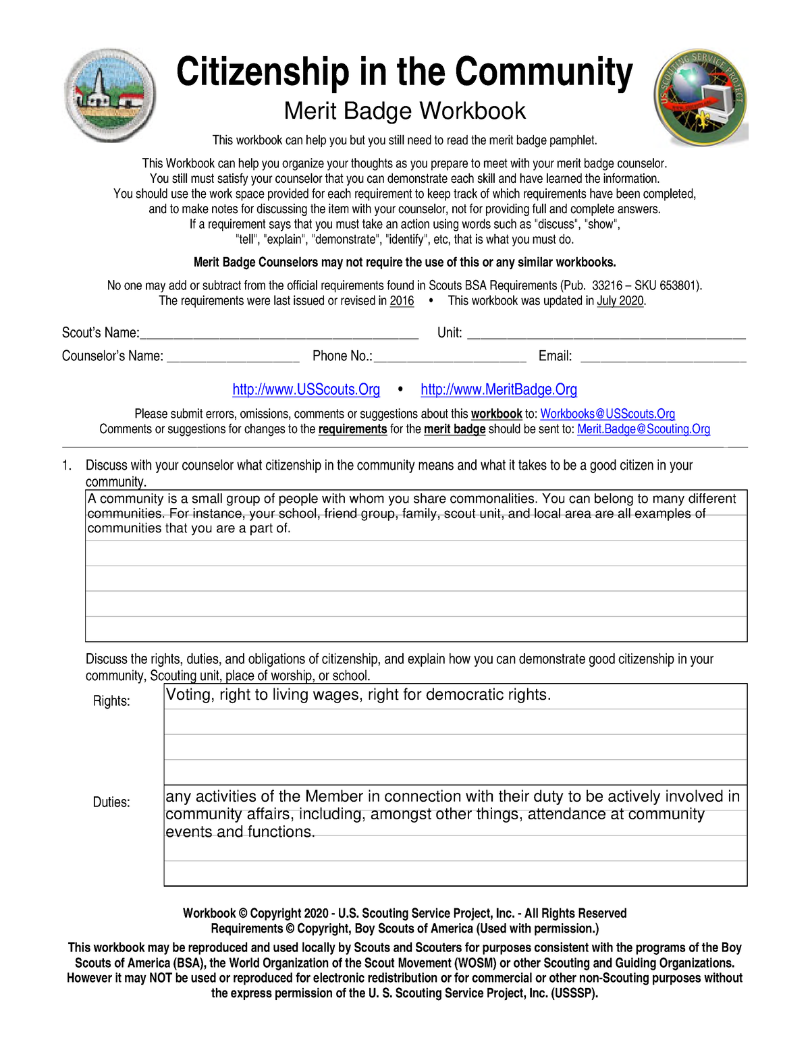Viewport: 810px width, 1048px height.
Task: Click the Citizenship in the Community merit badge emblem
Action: (111, 95)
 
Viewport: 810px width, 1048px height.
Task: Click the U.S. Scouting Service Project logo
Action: (700, 96)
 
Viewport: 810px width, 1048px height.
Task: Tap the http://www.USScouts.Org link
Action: (306, 389)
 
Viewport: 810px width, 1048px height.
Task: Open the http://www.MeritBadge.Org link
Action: (499, 389)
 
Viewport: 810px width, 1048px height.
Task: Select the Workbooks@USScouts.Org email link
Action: (607, 414)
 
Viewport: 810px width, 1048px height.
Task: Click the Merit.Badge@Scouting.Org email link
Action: (643, 429)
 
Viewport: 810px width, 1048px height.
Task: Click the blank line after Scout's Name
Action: (279, 333)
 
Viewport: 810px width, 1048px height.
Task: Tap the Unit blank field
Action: (606, 333)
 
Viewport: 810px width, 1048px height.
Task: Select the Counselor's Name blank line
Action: (233, 357)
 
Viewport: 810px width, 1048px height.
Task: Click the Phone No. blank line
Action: (450, 357)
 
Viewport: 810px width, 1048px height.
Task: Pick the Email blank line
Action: (663, 357)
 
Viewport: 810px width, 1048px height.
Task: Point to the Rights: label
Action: (111, 701)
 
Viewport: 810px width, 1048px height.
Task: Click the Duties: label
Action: (111, 802)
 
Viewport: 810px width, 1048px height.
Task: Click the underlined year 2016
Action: (402, 301)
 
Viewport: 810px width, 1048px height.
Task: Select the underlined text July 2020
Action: (620, 301)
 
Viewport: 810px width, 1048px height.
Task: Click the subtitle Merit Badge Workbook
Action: (404, 111)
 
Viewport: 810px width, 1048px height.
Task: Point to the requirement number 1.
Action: (66, 466)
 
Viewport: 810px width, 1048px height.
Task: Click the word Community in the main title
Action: (543, 72)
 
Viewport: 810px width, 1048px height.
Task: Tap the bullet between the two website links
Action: (400, 389)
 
